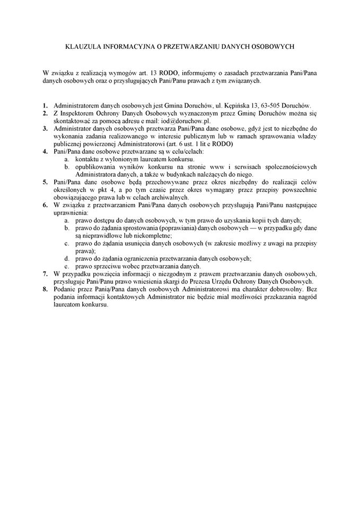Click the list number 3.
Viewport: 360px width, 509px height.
coord(46,128)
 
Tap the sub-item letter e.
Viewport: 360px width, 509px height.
coord(67,266)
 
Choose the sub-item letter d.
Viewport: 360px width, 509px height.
coord(67,259)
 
